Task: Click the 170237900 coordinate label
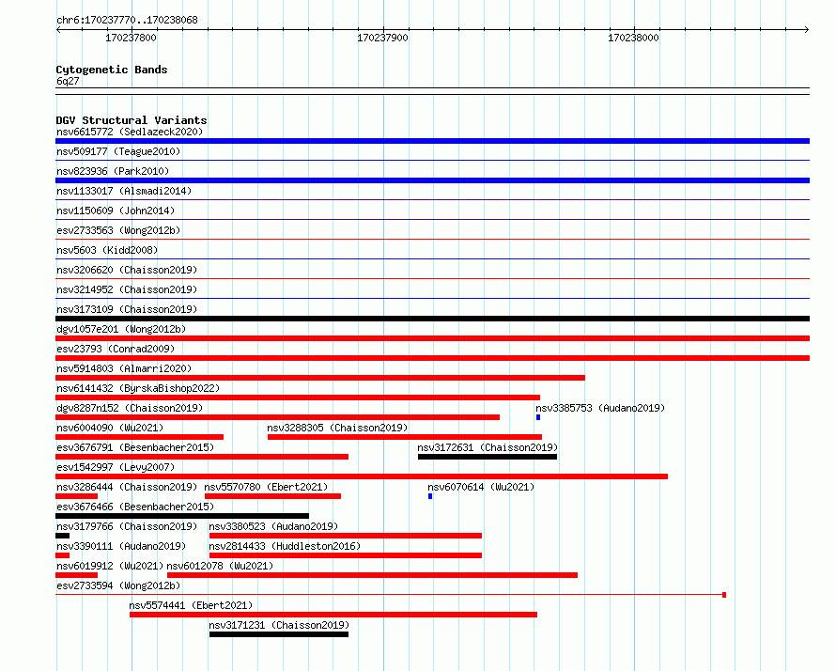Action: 382,38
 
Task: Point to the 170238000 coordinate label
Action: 633,38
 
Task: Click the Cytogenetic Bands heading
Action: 112,70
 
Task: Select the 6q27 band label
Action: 68,81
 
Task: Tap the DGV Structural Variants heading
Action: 132,120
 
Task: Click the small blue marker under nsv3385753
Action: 538,417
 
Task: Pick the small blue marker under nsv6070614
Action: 430,496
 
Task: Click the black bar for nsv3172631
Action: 488,457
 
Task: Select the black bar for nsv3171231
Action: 279,634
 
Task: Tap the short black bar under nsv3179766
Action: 62,536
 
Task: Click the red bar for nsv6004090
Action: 140,437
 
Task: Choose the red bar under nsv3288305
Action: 405,437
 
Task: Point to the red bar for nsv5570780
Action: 273,496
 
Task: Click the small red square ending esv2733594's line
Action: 724,595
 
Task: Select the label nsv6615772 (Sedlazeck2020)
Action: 130,132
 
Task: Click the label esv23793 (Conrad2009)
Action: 116,349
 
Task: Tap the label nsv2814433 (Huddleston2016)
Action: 285,546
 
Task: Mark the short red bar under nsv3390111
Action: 62,555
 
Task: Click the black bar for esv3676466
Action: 182,516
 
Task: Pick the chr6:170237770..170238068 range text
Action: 127,20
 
